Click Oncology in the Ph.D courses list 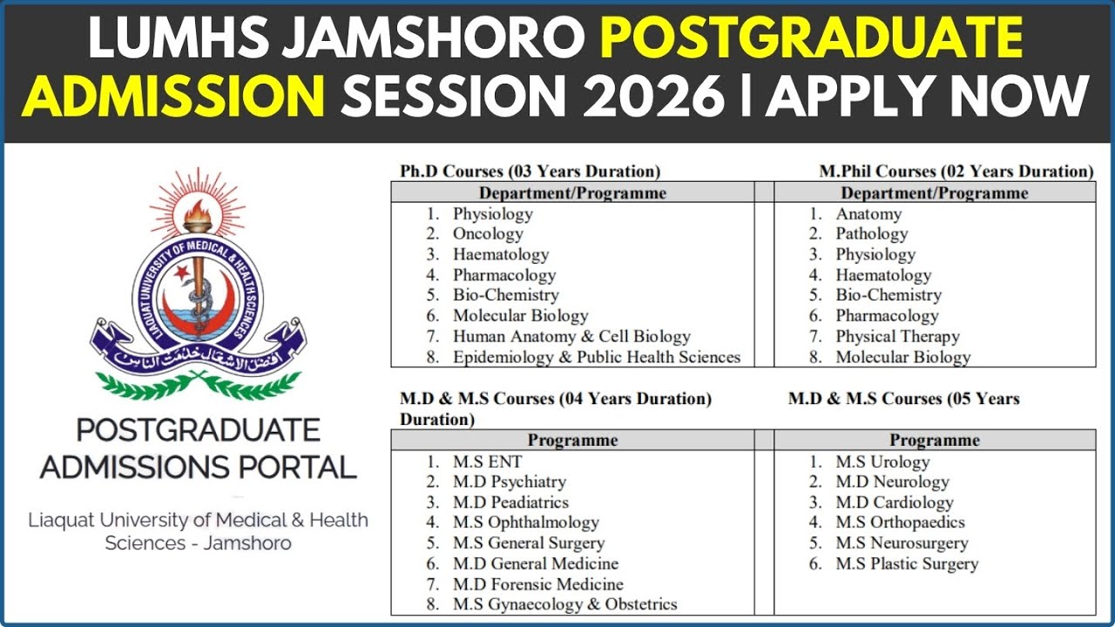coord(488,233)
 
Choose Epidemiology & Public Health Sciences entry coord(596,357)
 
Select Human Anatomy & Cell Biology coord(571,336)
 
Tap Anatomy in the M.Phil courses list coord(868,213)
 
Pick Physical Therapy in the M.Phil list coord(897,336)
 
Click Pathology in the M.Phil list coord(871,233)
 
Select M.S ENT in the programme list coord(487,462)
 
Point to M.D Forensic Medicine coord(537,584)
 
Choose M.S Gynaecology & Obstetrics coord(564,604)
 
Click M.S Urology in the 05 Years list coord(882,462)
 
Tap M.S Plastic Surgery coord(907,563)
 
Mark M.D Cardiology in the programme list coord(895,502)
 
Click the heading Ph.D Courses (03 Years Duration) coord(530,172)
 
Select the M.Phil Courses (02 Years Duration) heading coord(956,172)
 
